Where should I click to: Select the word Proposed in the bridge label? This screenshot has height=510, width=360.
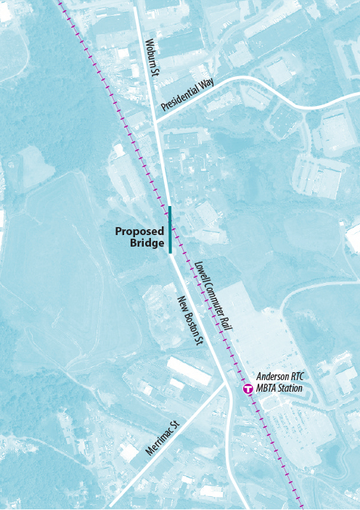140,232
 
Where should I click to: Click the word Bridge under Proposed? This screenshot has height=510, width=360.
147,244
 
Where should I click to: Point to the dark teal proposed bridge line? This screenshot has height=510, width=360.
170,229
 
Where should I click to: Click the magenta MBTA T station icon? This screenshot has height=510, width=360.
248,389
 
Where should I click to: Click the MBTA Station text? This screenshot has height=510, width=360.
279,389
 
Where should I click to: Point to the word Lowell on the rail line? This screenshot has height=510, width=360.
200,272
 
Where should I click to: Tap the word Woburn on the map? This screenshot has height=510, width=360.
150,48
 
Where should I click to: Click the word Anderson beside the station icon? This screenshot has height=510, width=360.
272,378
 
